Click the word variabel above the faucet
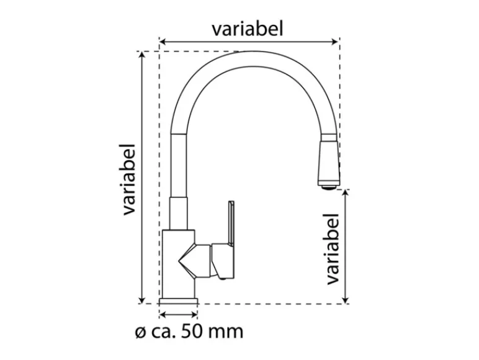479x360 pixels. pos(248,29)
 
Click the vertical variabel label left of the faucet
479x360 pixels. pos(130,179)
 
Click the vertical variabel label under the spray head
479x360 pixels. pos(333,249)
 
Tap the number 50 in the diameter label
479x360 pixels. pos(189,331)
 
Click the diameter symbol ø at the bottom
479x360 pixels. pos(140,333)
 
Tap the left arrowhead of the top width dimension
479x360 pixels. pos(163,42)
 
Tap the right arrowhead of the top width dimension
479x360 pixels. pos(336,42)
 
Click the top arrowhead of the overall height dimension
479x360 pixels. pos(141,55)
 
